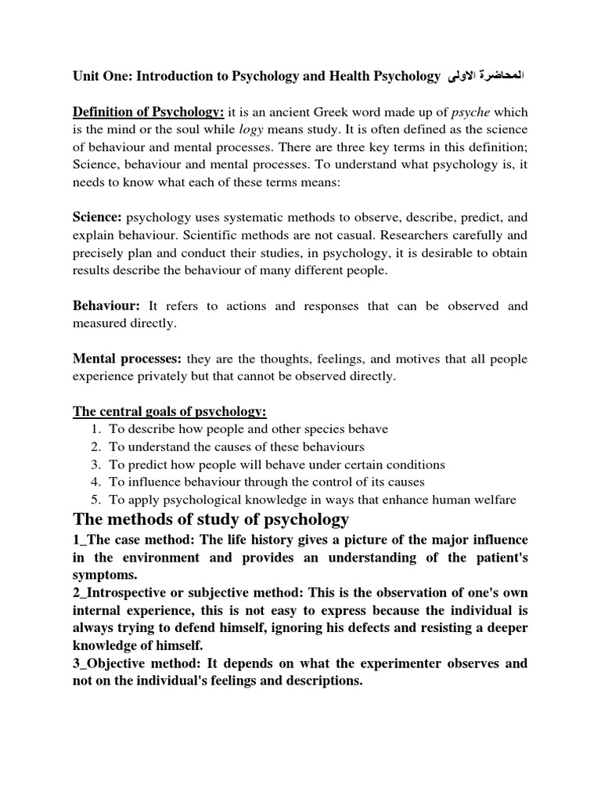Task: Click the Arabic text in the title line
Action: coord(485,76)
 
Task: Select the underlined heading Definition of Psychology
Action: coord(149,111)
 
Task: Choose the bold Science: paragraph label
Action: coord(97,216)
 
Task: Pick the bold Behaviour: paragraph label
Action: coord(106,305)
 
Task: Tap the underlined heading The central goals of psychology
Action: coord(170,412)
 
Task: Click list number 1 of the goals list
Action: coord(95,429)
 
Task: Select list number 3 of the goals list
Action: coord(95,464)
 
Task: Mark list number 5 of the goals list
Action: coord(95,500)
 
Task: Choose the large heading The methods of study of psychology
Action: coord(211,520)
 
